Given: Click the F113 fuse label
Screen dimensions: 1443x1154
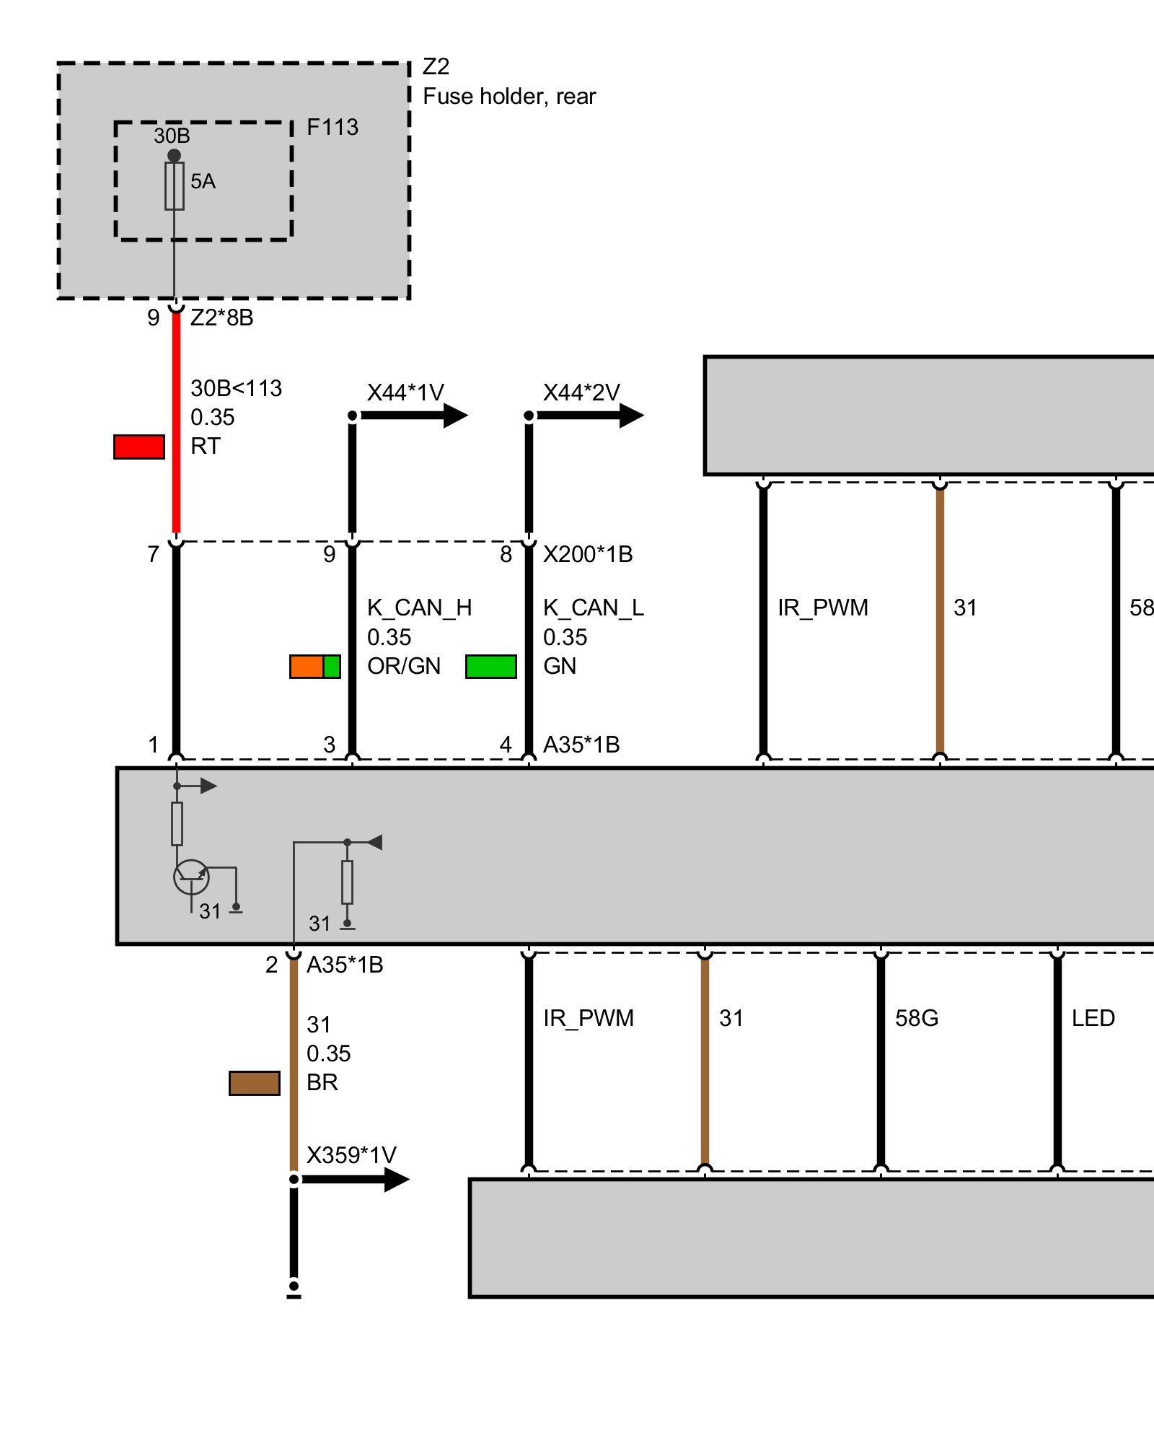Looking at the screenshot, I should (332, 128).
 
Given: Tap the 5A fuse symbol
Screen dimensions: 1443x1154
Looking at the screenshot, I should (175, 186).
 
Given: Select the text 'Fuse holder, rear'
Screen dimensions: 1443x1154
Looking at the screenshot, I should (509, 97).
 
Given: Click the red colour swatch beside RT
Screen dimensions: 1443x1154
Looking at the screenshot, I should (139, 447).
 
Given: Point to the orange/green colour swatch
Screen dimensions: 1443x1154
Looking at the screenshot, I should (315, 667).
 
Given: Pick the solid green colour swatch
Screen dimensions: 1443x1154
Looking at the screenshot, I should (491, 667).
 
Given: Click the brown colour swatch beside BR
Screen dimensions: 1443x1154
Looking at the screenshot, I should (255, 1083).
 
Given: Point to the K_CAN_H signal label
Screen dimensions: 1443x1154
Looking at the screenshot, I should (419, 608).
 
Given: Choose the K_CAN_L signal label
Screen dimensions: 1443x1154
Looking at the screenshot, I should (593, 608).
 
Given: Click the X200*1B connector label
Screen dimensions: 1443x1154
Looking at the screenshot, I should (588, 554).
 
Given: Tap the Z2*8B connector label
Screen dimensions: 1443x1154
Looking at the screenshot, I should (221, 317).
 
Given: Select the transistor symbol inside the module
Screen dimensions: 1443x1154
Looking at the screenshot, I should (191, 877).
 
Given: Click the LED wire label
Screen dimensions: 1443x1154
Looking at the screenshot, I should (1093, 1018).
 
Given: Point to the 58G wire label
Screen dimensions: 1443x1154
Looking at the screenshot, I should (916, 1018).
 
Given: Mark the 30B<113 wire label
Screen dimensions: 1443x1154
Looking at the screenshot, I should (236, 388).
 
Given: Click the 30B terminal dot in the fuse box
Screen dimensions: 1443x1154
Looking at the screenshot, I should (174, 155).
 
